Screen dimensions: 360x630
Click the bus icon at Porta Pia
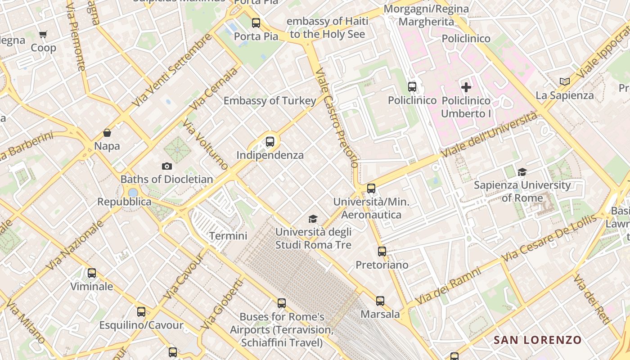pos(256,22)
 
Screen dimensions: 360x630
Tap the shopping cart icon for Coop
pos(43,34)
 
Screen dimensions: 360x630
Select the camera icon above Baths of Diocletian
pos(167,166)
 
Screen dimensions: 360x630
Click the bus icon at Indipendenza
pos(270,142)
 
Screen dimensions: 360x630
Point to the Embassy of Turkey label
pos(270,101)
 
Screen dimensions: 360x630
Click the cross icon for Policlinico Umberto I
pos(466,87)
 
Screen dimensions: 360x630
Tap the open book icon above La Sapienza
pos(565,81)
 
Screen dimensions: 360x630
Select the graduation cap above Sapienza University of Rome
pos(522,172)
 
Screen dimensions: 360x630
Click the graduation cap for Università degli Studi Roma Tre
pos(313,219)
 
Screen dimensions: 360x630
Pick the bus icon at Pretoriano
pos(382,252)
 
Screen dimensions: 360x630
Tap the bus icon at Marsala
pos(380,301)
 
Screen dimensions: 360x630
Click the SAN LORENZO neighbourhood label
pos(537,340)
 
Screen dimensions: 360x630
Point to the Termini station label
pos(228,236)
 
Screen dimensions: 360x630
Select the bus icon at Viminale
pos(92,273)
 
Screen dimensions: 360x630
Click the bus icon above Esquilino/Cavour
pos(141,311)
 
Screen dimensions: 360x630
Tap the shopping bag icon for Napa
pos(107,133)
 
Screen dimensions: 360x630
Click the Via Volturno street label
pos(206,144)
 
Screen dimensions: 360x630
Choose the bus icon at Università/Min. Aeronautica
pos(371,189)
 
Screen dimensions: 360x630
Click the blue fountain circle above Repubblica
pos(133,193)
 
